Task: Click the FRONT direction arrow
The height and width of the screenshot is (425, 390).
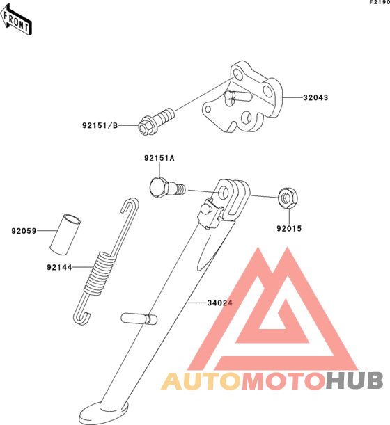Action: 16,19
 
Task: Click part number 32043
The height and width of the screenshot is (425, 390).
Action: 315,97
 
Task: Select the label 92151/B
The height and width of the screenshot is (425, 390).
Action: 100,125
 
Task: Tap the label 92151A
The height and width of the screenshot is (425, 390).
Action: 159,158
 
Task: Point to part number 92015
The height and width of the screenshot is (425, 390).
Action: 289,228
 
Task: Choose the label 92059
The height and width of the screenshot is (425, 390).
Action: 24,231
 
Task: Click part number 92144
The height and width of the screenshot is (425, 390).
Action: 59,268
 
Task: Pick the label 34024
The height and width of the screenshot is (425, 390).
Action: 220,303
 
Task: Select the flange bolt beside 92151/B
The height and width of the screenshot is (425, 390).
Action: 155,122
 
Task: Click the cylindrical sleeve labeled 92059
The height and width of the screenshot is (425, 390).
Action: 65,234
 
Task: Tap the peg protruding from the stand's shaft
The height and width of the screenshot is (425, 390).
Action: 139,318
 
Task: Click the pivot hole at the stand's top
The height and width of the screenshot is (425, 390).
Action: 224,192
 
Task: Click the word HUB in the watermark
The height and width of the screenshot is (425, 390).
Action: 354,380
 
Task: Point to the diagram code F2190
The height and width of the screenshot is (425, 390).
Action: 380,2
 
